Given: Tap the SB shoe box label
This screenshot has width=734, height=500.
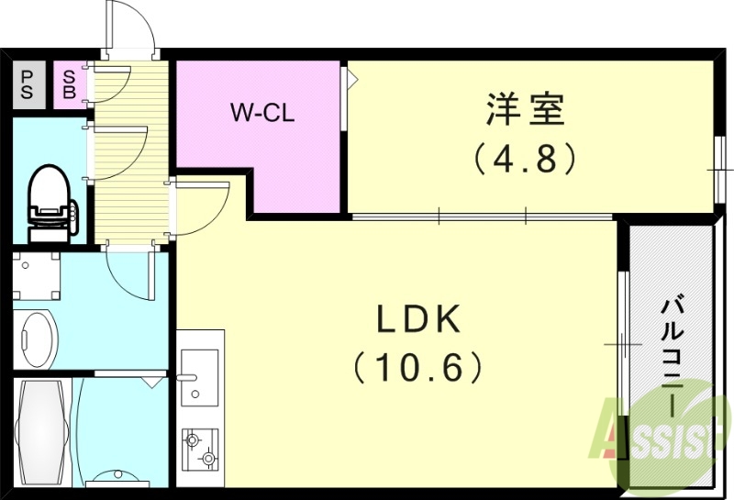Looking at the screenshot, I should pyautogui.click(x=70, y=85).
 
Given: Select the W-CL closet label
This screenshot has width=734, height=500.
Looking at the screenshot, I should pyautogui.click(x=261, y=114).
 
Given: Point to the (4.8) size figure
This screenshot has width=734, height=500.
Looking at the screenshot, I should pyautogui.click(x=525, y=159).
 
